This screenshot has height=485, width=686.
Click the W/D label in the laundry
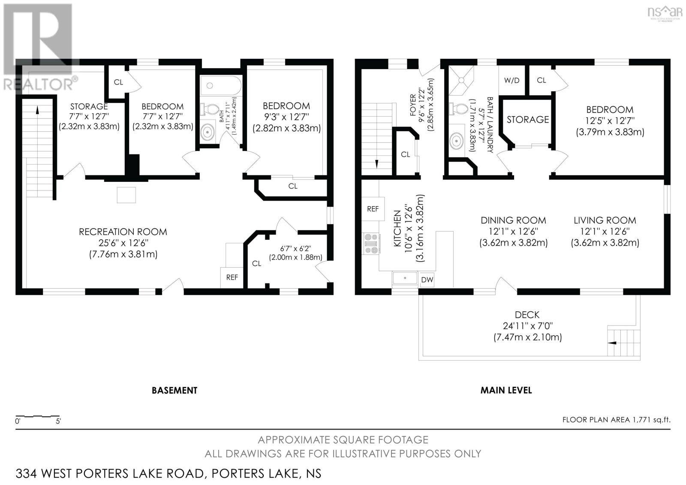[512, 80]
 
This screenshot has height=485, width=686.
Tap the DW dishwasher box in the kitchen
[427, 280]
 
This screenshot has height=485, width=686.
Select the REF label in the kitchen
[373, 209]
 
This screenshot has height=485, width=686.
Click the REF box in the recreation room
[232, 277]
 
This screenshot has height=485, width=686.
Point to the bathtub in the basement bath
[221, 85]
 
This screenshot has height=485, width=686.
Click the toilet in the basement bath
[211, 109]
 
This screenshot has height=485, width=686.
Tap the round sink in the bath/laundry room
[457, 141]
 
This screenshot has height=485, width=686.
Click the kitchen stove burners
[372, 244]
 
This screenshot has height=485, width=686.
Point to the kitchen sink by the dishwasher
[405, 278]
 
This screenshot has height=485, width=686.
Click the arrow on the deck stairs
[611, 343]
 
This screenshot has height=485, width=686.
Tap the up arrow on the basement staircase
[37, 110]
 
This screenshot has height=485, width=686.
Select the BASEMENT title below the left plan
[175, 390]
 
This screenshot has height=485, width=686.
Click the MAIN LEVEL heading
[506, 390]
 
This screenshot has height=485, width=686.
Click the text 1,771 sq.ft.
[651, 420]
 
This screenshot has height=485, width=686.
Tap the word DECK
[527, 315]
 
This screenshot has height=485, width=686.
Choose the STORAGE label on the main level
[528, 120]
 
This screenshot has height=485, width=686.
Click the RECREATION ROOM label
[123, 232]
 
